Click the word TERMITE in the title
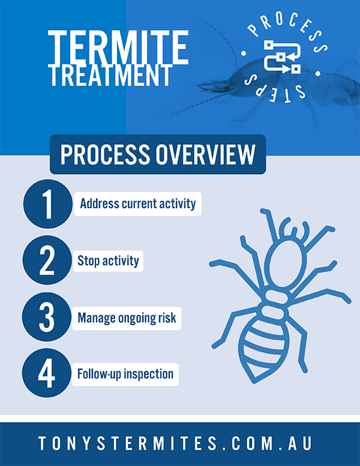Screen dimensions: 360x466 [x=118, y=47]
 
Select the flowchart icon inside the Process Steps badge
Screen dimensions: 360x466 [x=282, y=56]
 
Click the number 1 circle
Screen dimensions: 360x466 [x=48, y=204]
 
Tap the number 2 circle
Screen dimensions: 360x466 [x=47, y=261]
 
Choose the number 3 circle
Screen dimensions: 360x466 [x=47, y=317]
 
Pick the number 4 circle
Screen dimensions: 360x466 [x=47, y=373]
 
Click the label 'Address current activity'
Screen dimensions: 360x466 [x=138, y=204]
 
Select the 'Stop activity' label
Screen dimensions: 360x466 [x=108, y=261]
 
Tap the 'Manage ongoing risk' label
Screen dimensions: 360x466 [x=127, y=318]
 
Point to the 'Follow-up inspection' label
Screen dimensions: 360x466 [x=125, y=374]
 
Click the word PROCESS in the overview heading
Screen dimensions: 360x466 [x=106, y=154]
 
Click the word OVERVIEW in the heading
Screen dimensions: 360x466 [x=205, y=154]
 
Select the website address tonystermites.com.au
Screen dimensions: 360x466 [x=175, y=444]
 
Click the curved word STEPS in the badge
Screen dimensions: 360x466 [x=275, y=89]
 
